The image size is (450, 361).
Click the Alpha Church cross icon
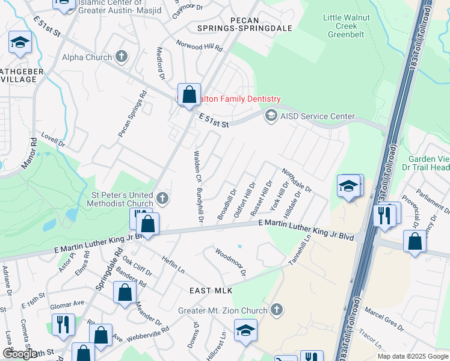122,57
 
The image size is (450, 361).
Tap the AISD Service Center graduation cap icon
271,116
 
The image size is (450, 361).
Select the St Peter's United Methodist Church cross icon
161,198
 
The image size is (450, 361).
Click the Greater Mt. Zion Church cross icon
276,310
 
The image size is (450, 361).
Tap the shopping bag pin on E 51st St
189,94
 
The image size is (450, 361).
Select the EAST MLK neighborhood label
211,291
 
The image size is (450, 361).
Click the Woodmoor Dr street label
231,264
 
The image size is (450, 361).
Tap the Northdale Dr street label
297,180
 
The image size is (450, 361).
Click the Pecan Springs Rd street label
133,114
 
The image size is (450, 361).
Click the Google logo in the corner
20,354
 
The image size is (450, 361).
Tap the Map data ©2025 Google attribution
413,356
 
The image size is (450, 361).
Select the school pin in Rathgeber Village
20,42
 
